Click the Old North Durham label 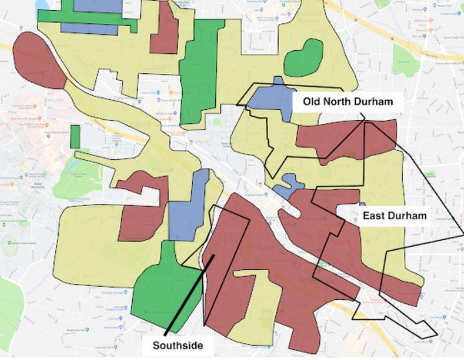(348, 101)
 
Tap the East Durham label (394, 215)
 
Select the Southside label (177, 346)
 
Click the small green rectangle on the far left (75, 137)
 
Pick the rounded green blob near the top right (303, 57)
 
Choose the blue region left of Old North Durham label (271, 98)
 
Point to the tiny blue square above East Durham (362, 204)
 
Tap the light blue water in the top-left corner (41, 5)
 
